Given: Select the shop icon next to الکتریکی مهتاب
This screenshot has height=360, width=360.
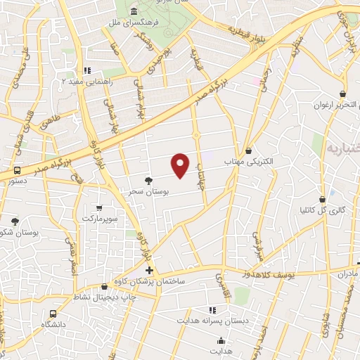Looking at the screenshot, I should click(x=249, y=150).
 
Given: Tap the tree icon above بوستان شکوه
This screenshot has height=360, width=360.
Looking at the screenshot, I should click(x=15, y=221).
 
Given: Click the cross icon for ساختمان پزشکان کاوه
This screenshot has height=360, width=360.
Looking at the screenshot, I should click(x=149, y=270).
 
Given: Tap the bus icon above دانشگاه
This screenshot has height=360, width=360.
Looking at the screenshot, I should click(x=53, y=314).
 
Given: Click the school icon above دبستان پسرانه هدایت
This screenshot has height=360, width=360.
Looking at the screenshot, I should click(x=212, y=309).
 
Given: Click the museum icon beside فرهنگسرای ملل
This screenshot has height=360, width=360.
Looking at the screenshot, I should click(x=134, y=11).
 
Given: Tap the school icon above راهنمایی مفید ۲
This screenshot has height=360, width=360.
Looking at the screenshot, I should click(x=86, y=70).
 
